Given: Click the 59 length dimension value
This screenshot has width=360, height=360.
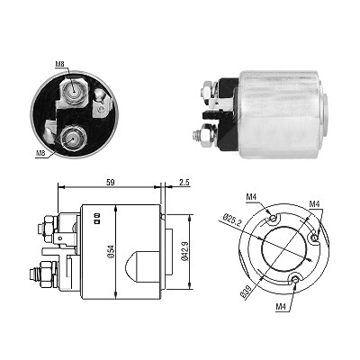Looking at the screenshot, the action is pyautogui.click(x=110, y=182).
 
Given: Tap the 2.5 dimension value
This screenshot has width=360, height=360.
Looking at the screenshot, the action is pyautogui.click(x=184, y=183).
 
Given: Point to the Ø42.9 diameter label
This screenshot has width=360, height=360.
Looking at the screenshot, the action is pyautogui.click(x=184, y=251).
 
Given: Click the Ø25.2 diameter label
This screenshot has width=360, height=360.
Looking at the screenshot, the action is pyautogui.click(x=232, y=220).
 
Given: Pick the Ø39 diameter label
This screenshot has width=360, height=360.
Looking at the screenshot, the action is pyautogui.click(x=247, y=292).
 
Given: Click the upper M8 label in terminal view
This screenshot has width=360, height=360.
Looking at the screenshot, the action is pyautogui.click(x=60, y=64).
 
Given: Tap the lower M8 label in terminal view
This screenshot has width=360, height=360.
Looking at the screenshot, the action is pyautogui.click(x=40, y=153).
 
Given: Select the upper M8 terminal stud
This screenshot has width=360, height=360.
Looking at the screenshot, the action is pyautogui.click(x=73, y=90).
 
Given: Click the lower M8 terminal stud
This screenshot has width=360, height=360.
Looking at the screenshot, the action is pyautogui.click(x=72, y=138).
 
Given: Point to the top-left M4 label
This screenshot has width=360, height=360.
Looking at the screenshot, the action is pyautogui.click(x=251, y=197).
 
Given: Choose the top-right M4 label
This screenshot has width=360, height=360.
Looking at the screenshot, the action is pyautogui.click(x=314, y=203).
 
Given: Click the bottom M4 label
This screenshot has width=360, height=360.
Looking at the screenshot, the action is pyautogui.click(x=281, y=306).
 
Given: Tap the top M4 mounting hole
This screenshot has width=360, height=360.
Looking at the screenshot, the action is pyautogui.click(x=273, y=218).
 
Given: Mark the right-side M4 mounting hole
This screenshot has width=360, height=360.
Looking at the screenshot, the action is pyautogui.click(x=314, y=238).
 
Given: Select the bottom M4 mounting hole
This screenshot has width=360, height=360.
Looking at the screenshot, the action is pyautogui.click(x=295, y=280).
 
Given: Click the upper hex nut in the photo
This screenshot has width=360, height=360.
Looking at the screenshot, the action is pyautogui.click(x=208, y=90).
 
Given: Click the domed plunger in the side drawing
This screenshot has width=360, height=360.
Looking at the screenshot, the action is pyautogui.click(x=141, y=265).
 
